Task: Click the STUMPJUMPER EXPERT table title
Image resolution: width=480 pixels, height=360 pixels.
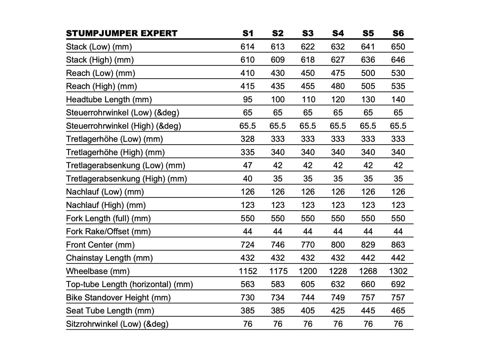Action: pos(121,33)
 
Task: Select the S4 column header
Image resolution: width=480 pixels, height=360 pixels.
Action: pos(338,33)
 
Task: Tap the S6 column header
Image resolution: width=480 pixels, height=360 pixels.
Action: pos(398,33)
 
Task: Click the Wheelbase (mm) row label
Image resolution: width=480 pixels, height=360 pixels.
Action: pos(98,271)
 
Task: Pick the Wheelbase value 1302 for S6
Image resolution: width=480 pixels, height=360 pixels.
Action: pos(398,271)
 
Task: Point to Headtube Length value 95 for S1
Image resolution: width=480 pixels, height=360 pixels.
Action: pos(247,99)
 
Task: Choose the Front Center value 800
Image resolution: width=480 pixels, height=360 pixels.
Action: pos(338,245)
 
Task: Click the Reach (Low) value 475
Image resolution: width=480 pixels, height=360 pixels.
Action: pos(338,73)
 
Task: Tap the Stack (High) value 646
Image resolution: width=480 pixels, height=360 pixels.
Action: pos(398,60)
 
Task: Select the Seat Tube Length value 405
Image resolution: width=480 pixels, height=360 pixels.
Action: pos(308,311)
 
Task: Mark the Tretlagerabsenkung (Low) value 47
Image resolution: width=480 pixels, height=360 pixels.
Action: pos(247,165)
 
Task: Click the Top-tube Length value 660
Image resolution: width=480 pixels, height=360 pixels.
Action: pos(368,284)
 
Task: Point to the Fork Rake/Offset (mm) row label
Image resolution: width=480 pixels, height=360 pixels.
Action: pos(108,232)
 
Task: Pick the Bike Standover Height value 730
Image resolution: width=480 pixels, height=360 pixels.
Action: pos(247,298)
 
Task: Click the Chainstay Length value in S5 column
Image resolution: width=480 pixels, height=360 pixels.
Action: pos(368,258)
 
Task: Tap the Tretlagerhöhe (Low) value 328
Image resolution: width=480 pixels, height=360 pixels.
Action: pos(247,139)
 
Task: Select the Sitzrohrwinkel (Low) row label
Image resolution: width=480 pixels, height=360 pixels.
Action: pos(117,324)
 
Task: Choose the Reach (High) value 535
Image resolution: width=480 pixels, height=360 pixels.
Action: pos(398,86)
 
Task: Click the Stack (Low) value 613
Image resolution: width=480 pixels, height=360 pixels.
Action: pos(277,46)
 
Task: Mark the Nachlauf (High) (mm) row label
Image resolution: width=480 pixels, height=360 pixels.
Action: pos(106,205)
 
